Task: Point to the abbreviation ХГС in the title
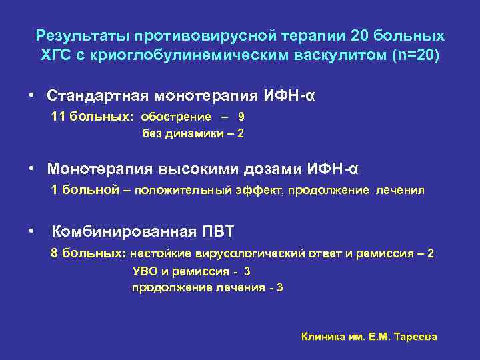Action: (57, 54)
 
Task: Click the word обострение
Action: (175, 116)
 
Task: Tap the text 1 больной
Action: (84, 189)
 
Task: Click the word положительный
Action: (182, 190)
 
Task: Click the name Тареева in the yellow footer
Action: (416, 337)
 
